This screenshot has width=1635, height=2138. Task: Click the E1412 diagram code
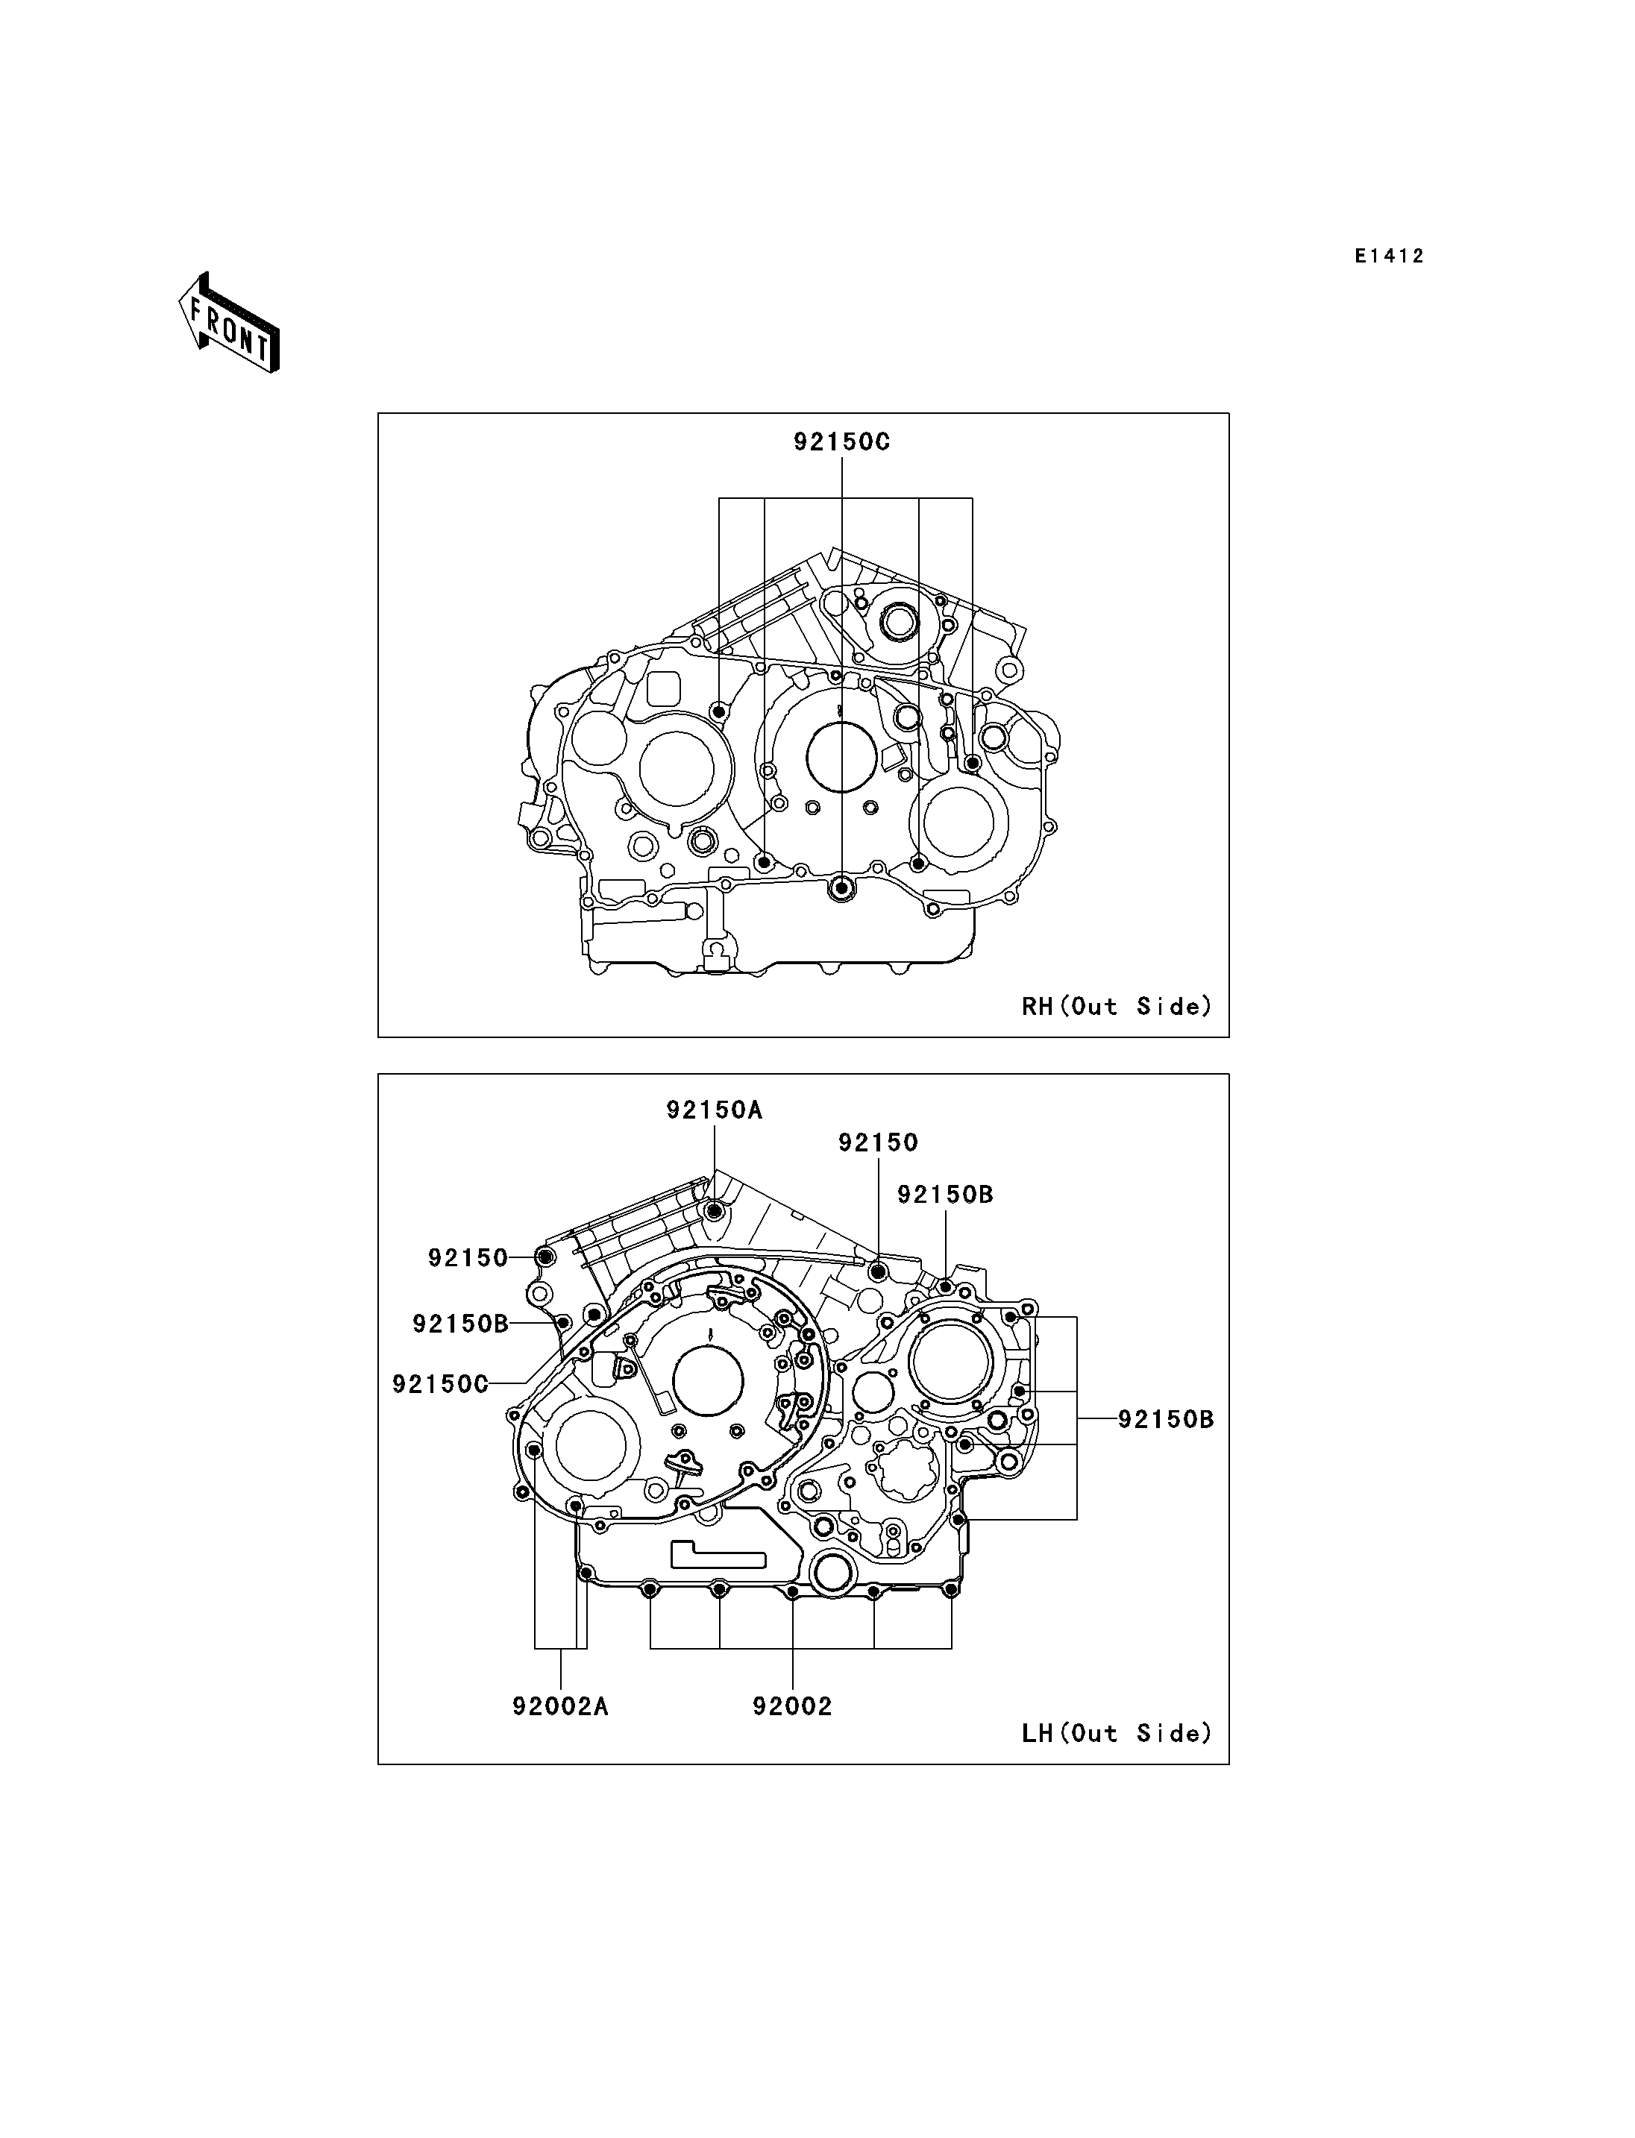tap(1389, 256)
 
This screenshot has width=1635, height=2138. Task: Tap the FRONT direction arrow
tap(230, 322)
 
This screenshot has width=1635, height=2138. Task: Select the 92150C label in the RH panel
tap(842, 441)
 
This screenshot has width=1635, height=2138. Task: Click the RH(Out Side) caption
tap(1117, 1006)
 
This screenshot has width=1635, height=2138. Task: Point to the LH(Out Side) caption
tap(1117, 1733)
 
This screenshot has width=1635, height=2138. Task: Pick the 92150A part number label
tap(715, 1110)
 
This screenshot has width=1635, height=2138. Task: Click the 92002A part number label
tap(561, 1706)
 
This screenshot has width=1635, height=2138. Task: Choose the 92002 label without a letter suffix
tap(792, 1706)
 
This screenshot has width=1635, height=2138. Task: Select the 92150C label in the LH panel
tap(440, 1384)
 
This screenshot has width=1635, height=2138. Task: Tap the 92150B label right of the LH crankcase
tap(1166, 1419)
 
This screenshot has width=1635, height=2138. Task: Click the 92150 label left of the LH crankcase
tap(468, 1257)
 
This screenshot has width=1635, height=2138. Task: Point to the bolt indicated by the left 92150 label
tap(545, 1257)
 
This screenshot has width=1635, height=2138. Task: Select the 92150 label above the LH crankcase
tap(879, 1142)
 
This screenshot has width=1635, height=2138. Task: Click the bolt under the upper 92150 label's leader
tap(878, 1271)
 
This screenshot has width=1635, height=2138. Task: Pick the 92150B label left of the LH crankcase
tap(460, 1324)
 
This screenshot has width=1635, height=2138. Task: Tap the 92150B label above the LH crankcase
tap(945, 1194)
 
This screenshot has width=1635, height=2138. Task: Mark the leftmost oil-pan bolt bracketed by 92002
tap(650, 1590)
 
